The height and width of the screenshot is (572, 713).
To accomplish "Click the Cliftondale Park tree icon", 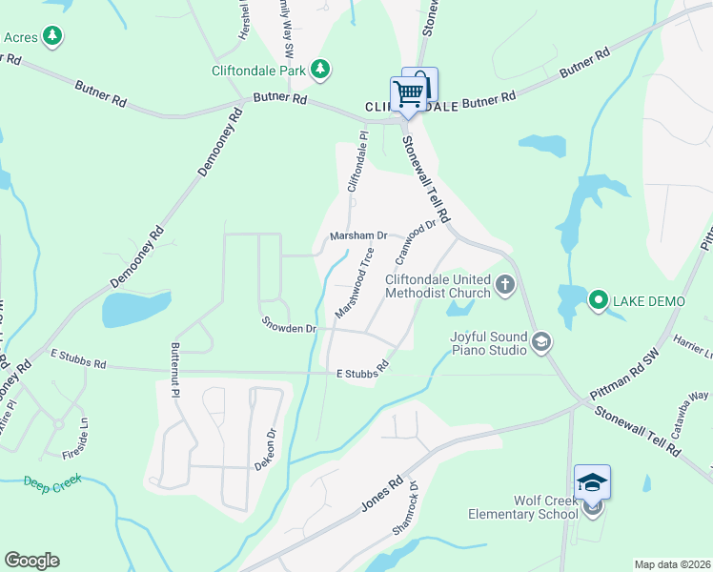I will click(x=321, y=69).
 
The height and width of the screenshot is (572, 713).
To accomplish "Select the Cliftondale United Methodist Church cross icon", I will click(x=504, y=284).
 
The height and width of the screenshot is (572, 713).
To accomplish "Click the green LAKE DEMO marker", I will click(x=598, y=301).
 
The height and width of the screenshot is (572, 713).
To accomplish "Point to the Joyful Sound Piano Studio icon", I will click(x=541, y=342).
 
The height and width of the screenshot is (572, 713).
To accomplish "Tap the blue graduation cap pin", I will click(x=592, y=482).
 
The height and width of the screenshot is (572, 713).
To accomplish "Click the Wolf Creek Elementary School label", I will click(x=522, y=507).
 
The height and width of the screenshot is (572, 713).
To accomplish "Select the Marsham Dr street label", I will click(x=358, y=235).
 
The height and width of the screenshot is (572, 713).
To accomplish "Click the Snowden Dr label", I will click(x=289, y=326).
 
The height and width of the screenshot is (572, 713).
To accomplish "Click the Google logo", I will click(x=31, y=561).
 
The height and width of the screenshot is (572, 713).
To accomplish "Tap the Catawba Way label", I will click(x=698, y=401).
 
